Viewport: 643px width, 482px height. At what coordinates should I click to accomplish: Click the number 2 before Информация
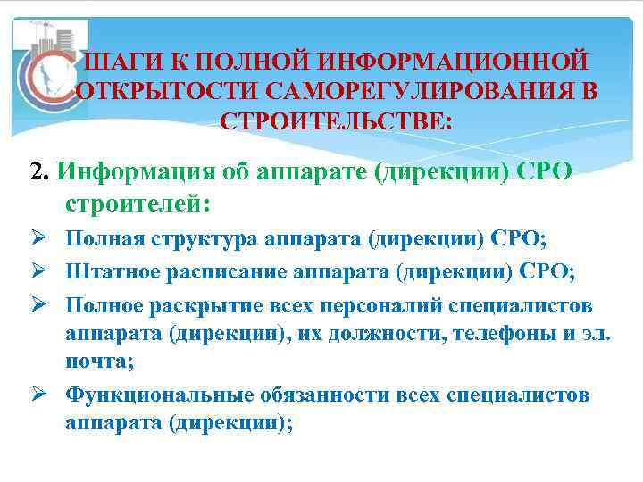(x=38, y=171)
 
